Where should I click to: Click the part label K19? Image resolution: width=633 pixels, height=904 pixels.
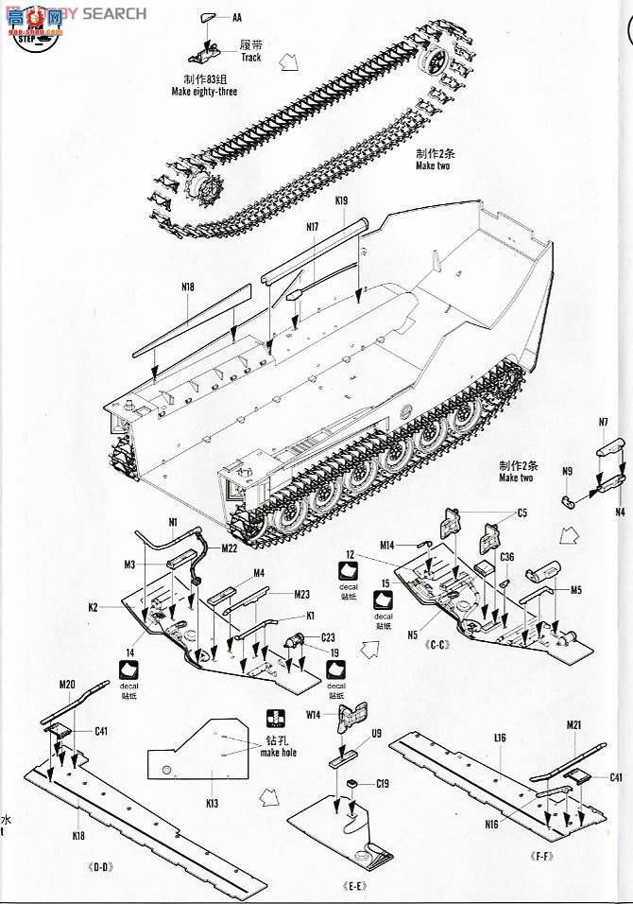pyautogui.click(x=341, y=200)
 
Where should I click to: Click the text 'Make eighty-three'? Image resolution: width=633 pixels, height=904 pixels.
pyautogui.click(x=205, y=91)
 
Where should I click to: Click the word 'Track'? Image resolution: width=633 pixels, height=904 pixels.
pyautogui.click(x=250, y=58)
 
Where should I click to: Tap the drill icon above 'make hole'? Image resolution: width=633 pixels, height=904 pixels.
pyautogui.click(x=275, y=717)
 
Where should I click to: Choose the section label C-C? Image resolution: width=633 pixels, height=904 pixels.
pyautogui.click(x=436, y=647)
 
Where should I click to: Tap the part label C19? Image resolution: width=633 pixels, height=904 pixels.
pyautogui.click(x=383, y=783)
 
